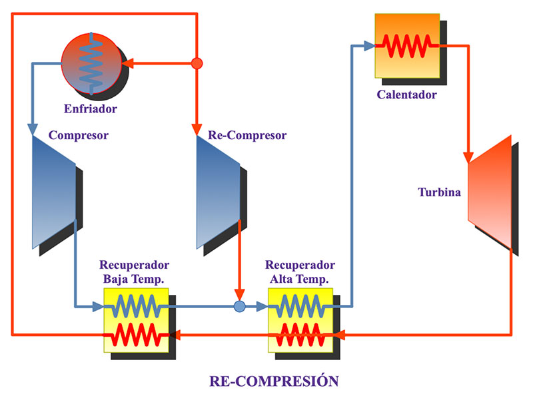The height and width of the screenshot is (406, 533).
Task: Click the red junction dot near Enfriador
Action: pyautogui.click(x=197, y=64)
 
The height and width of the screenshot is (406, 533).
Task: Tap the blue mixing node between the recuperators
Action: pyautogui.click(x=240, y=307)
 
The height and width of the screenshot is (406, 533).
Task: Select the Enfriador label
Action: pyautogui.click(x=91, y=108)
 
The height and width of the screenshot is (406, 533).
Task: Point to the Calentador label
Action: pyautogui.click(x=406, y=95)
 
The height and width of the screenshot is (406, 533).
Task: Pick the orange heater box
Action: pyautogui.click(x=407, y=47)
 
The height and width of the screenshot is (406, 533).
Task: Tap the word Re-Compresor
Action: pyautogui.click(x=247, y=136)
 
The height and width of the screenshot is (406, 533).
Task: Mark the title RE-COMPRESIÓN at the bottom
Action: pyautogui.click(x=274, y=381)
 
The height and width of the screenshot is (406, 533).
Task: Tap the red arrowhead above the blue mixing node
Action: pyautogui.click(x=240, y=295)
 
